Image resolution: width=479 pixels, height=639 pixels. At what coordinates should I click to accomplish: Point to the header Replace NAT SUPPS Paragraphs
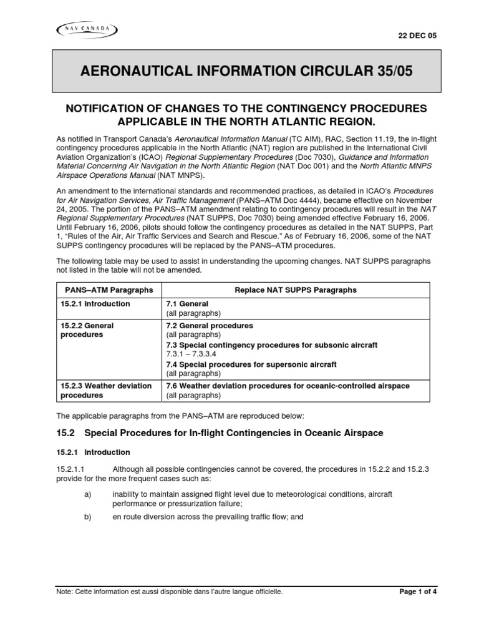point(296,290)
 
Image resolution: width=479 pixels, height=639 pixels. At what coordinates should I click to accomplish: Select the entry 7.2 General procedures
point(210,326)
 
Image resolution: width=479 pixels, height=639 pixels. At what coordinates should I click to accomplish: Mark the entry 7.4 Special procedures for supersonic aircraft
point(251,364)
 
